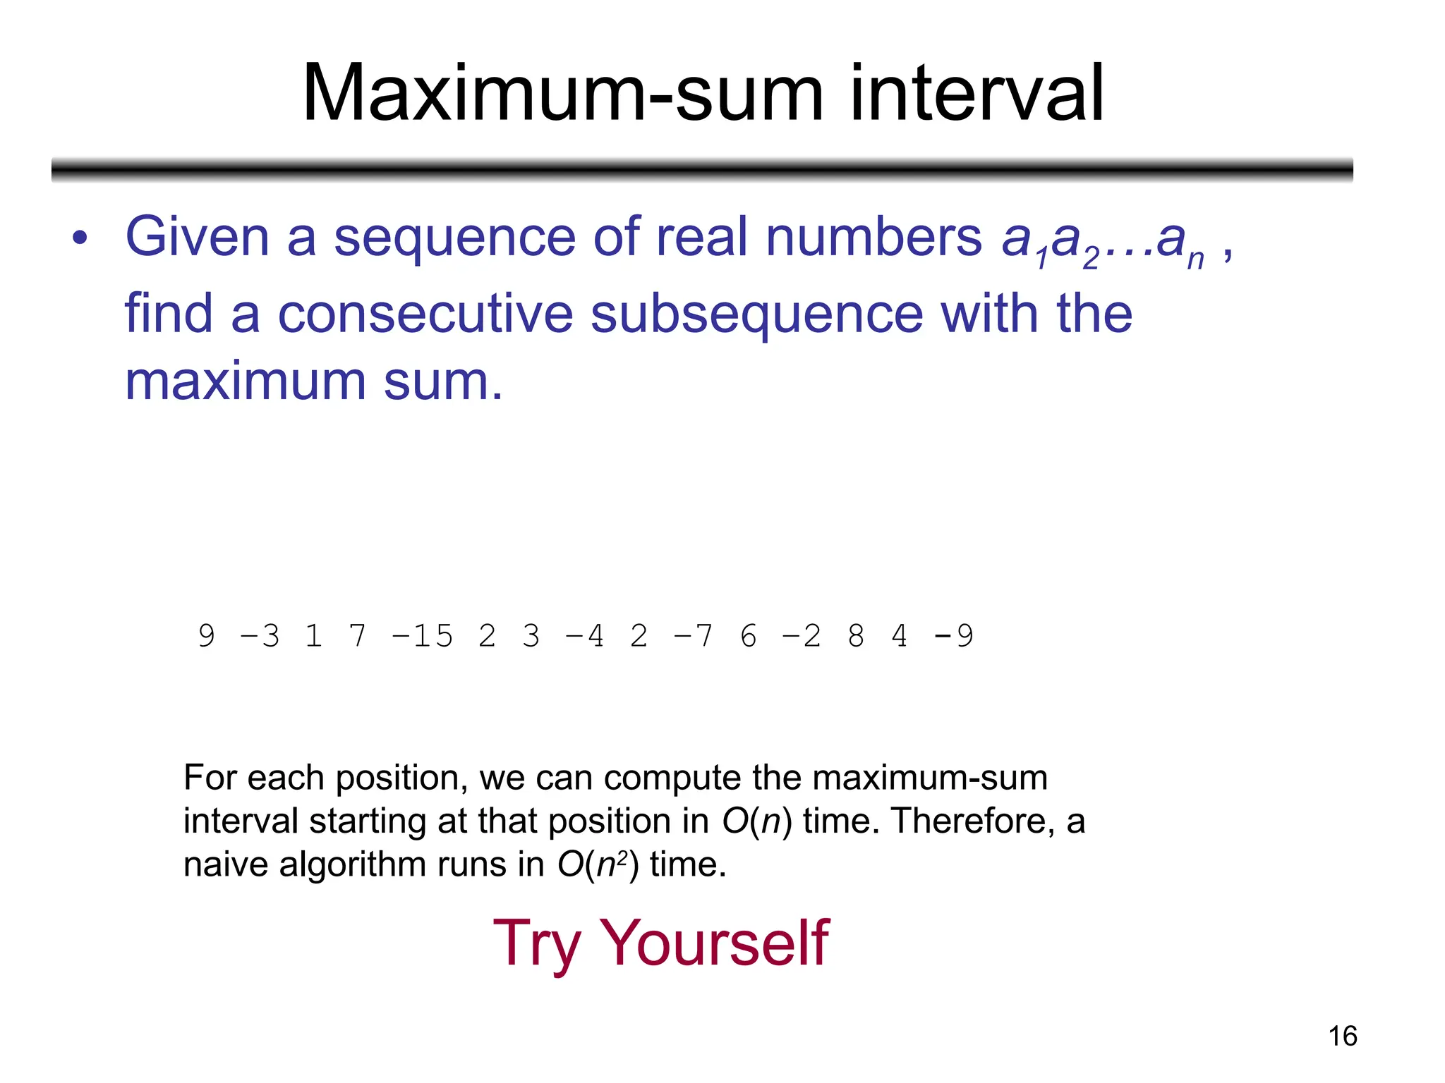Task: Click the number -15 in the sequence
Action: click(x=422, y=636)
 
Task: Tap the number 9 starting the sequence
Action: click(x=206, y=636)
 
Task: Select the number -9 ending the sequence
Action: click(x=953, y=636)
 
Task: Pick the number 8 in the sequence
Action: click(x=856, y=636)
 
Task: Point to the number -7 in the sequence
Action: click(x=693, y=636)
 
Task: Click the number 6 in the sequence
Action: click(x=749, y=636)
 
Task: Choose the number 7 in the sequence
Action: click(x=358, y=636)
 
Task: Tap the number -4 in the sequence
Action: click(x=585, y=636)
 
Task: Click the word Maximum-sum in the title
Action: click(x=562, y=93)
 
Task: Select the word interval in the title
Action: click(x=977, y=93)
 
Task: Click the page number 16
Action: click(x=1342, y=1036)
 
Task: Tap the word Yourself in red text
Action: click(x=713, y=943)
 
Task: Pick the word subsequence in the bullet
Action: click(x=756, y=314)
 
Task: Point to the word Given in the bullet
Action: click(x=198, y=237)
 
